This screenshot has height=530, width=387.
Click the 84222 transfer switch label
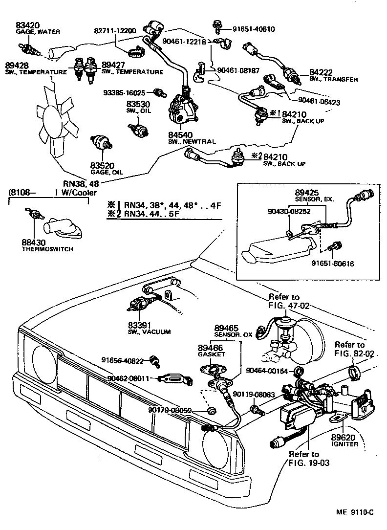[321, 73]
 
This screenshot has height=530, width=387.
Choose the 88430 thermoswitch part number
[34, 242]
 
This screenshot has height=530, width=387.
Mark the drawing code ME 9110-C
[354, 512]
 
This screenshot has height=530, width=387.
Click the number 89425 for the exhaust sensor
[307, 193]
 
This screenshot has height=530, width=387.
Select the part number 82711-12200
[115, 30]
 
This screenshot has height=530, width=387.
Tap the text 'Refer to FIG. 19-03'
[303, 458]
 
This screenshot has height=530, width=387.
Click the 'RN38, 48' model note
[81, 184]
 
